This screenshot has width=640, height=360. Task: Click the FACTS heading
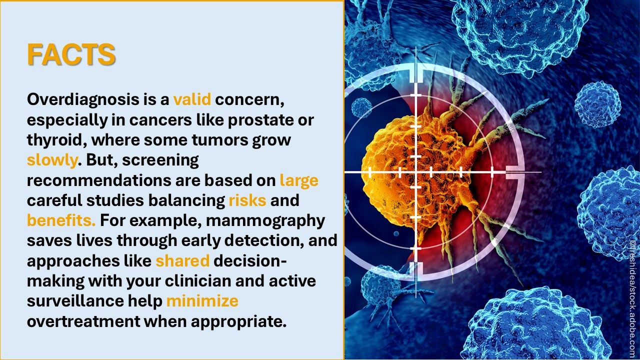tap(71, 54)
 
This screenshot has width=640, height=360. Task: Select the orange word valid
tap(192, 99)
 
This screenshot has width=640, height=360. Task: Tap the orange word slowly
tap(52, 160)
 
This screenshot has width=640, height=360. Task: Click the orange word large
tap(299, 181)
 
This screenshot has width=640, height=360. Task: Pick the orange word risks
tap(247, 200)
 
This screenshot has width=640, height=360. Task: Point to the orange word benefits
tap(61, 220)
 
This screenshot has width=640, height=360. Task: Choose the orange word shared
tap(182, 261)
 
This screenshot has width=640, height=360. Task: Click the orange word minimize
tap(202, 301)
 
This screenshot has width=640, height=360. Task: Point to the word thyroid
tap(57, 140)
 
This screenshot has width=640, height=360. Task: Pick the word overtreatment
tap(83, 321)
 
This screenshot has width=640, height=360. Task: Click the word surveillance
tap(75, 301)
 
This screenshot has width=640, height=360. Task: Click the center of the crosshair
tap(415, 172)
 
